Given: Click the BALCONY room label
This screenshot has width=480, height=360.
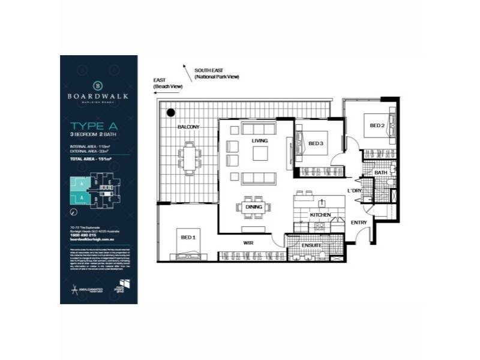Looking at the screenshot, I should click(x=188, y=127).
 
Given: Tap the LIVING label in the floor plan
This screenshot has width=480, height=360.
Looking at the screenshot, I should click(x=259, y=140).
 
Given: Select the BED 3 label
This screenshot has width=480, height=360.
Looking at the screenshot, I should click(x=316, y=143).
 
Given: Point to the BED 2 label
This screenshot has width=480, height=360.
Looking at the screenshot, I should click(x=377, y=125).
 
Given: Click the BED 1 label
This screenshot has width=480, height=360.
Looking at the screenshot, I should click(x=188, y=238).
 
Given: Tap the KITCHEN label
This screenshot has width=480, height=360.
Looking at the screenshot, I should click(x=320, y=214).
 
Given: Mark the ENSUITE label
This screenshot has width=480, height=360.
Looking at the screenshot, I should click(x=311, y=245).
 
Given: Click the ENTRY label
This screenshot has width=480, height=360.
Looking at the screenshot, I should click(x=359, y=223).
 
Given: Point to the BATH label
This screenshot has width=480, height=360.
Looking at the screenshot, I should click(x=380, y=173).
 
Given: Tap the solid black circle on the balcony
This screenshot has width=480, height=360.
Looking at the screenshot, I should click(x=171, y=112).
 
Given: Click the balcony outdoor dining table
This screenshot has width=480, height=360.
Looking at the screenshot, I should click(x=189, y=158).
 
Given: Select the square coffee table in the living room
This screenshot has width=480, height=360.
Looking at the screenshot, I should click(x=259, y=154).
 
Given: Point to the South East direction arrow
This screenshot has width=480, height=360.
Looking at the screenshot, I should click(x=188, y=73).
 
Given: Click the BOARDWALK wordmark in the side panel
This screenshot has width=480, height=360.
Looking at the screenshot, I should click(x=98, y=95).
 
